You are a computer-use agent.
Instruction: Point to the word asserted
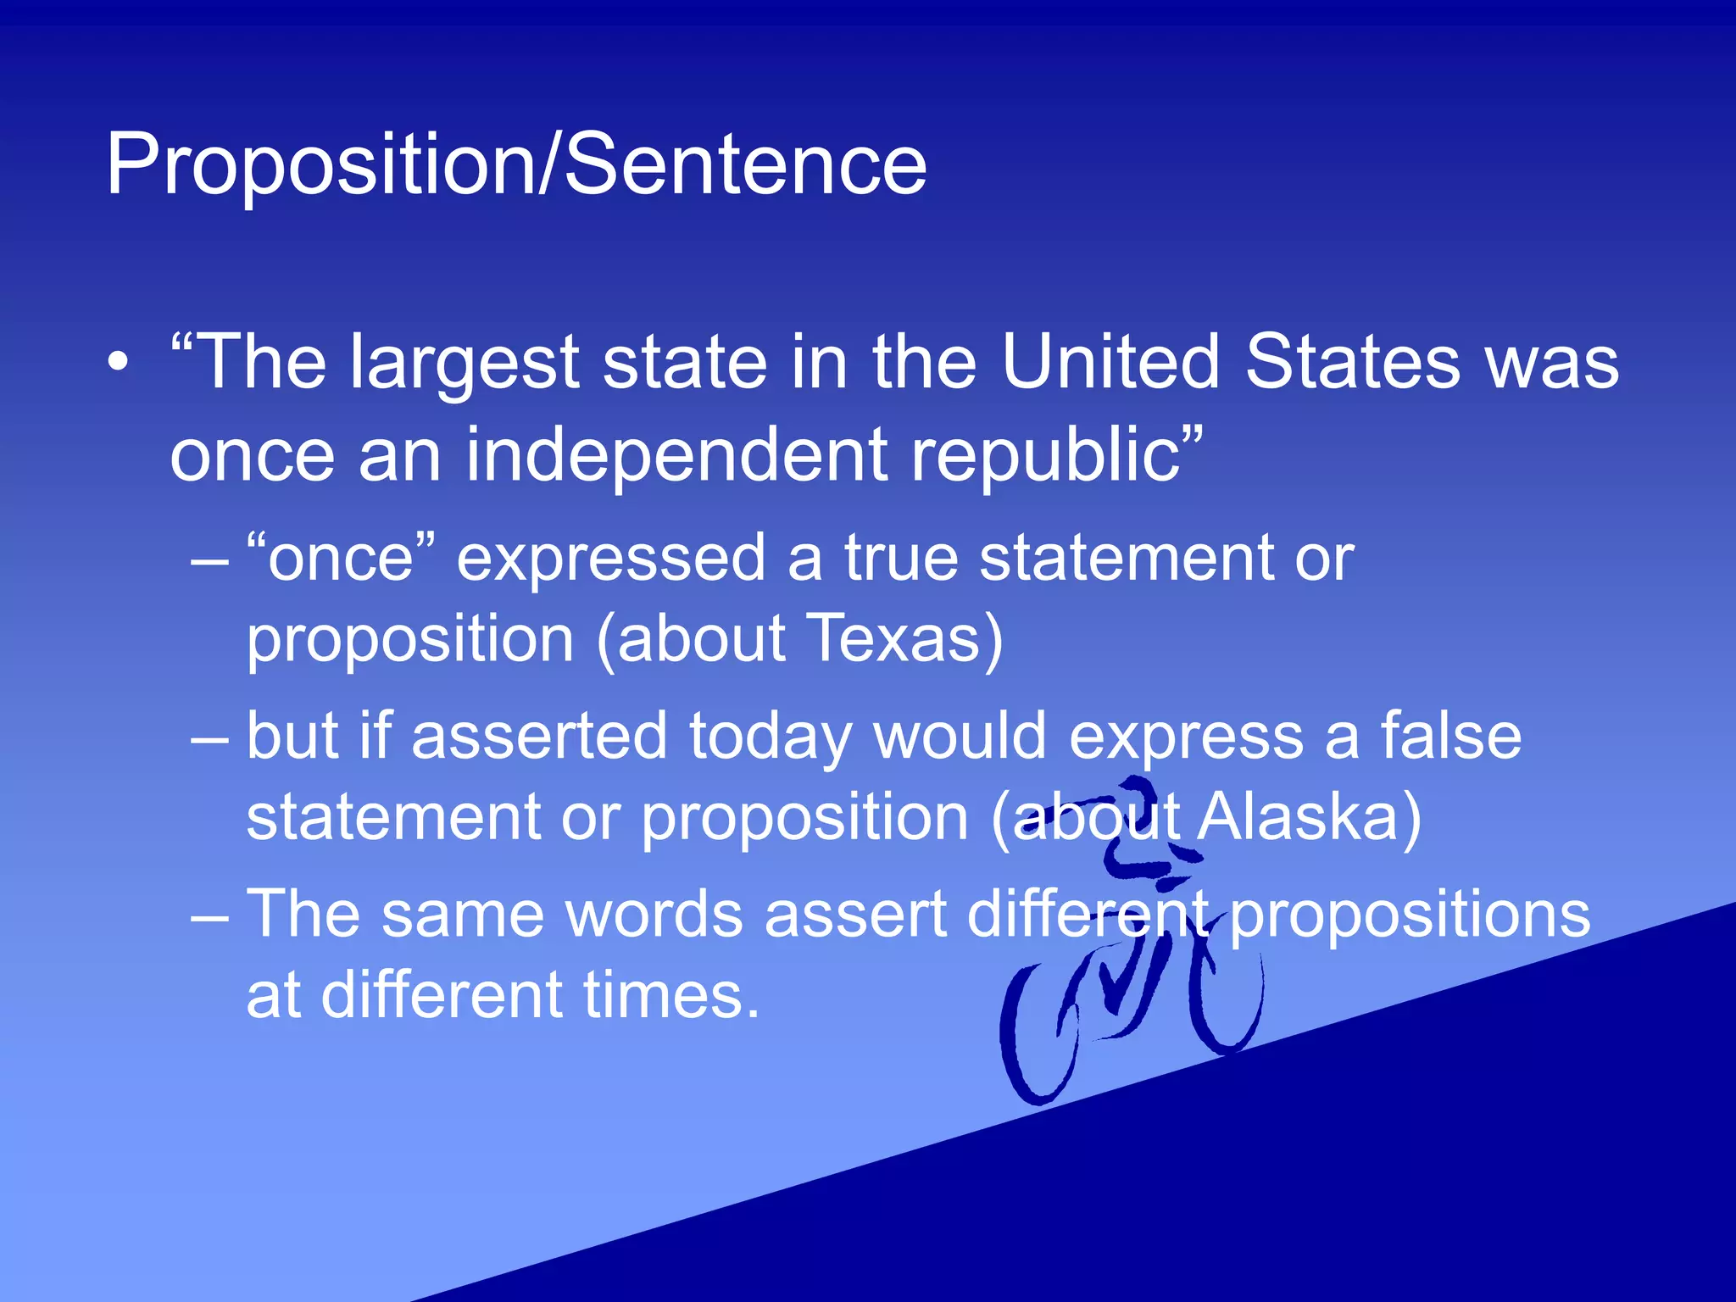pyautogui.click(x=539, y=735)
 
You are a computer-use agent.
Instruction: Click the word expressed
pyautogui.click(x=611, y=559)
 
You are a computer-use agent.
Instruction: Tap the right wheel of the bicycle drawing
pyautogui.click(x=1226, y=1000)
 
